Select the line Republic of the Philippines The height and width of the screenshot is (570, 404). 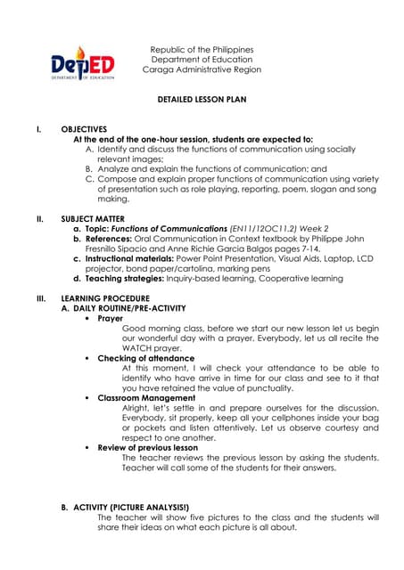coord(202,50)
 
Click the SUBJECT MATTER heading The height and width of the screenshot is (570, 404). coord(93,218)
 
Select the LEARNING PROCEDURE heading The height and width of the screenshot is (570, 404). coord(105,298)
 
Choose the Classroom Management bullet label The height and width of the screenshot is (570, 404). coord(146,397)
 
